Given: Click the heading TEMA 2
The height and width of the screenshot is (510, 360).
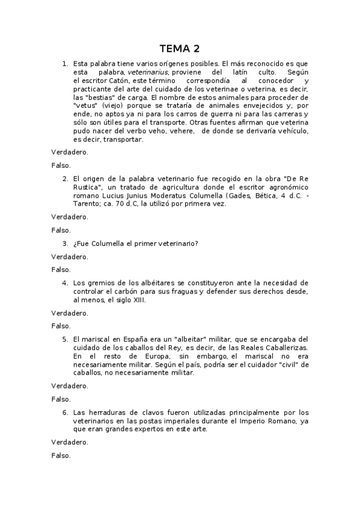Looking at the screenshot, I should [x=180, y=48].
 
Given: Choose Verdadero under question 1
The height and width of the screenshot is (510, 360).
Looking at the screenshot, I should [x=70, y=152].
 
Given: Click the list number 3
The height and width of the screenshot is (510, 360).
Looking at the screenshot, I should [x=65, y=243].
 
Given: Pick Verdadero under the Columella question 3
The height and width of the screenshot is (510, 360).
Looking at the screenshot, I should [x=70, y=256].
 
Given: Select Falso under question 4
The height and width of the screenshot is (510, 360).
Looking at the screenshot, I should [x=61, y=325].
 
